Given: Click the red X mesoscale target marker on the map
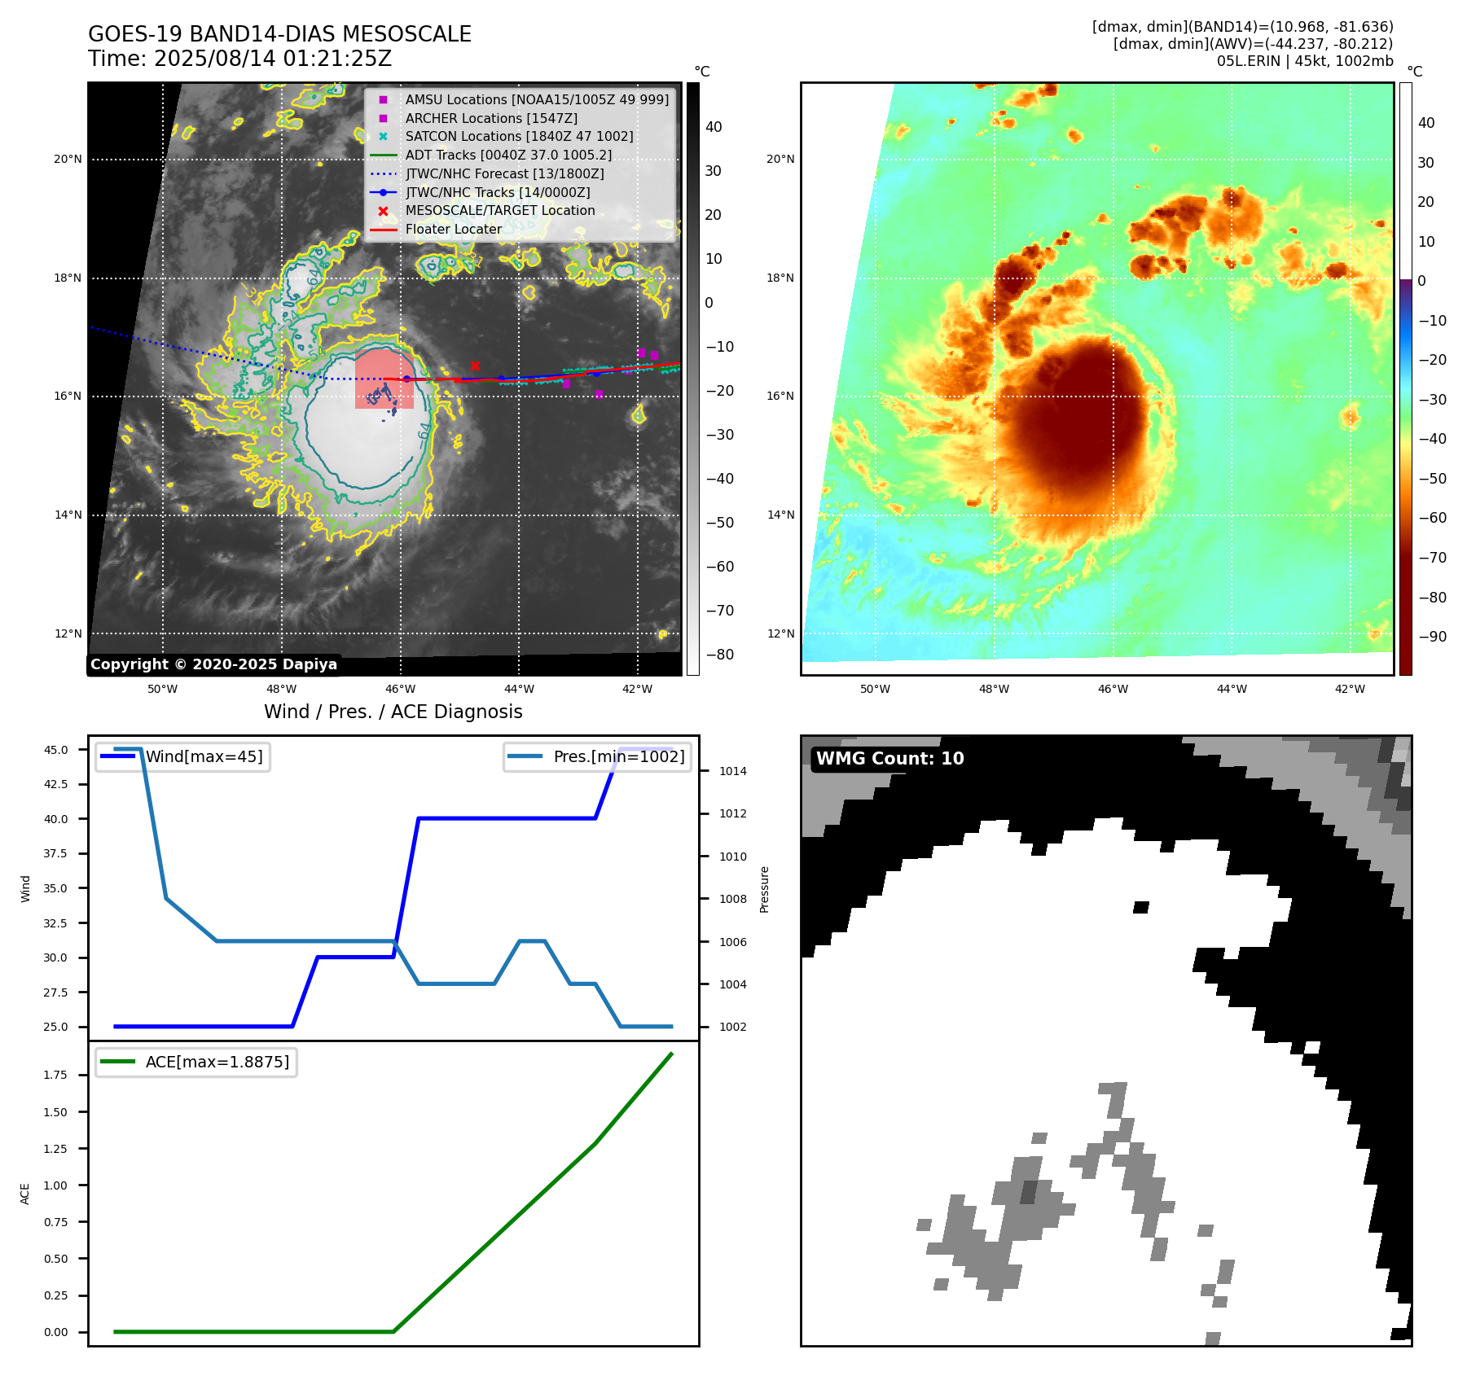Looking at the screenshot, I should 475,366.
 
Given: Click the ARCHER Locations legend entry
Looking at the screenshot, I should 491,118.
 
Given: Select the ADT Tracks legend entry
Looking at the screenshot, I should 508,155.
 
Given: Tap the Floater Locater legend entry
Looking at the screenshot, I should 453,229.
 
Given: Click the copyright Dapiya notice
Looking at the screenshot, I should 213,664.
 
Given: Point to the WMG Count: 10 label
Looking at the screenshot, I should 889,759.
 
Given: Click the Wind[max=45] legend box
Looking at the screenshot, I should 182,756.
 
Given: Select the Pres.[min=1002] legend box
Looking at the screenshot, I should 597,756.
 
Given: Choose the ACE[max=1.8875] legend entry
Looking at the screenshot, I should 195,1062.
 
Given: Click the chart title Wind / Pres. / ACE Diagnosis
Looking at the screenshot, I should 393,712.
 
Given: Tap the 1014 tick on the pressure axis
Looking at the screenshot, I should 732,771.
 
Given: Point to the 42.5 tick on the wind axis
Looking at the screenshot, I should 56,784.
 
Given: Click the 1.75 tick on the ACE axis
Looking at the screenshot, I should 56,1075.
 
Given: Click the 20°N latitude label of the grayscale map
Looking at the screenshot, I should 68,160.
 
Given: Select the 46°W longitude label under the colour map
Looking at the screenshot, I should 1113,689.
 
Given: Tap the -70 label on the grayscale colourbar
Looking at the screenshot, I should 719,611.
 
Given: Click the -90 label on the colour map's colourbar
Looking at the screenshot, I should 1432,637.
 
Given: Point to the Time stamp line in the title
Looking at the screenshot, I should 240,59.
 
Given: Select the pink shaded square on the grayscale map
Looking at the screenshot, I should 384,379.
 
